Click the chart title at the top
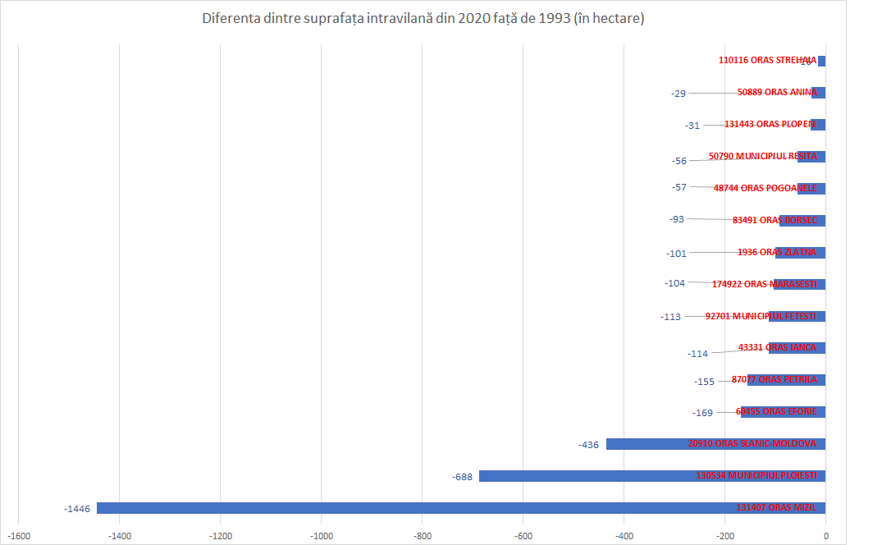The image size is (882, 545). [x=423, y=18]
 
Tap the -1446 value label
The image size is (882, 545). [x=77, y=509]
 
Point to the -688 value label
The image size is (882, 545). [x=462, y=477]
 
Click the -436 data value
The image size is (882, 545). [x=589, y=445]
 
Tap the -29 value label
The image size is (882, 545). [x=678, y=94]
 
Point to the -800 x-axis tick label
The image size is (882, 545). [x=422, y=535]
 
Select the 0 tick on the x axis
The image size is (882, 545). [x=825, y=535]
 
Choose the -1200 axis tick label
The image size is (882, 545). [x=220, y=535]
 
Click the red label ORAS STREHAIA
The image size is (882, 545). [x=767, y=60]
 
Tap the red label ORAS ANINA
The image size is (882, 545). [x=777, y=92]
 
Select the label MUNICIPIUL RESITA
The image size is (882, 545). [x=762, y=156]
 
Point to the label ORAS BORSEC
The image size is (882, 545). [x=775, y=220]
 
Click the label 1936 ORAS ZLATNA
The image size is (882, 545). [x=776, y=252]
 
